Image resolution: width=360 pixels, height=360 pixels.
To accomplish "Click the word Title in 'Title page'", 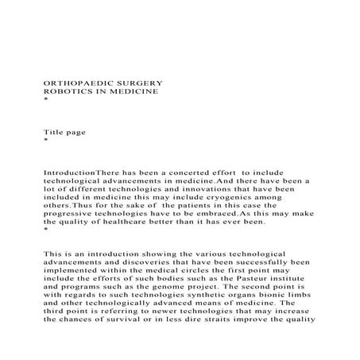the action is point(52,131).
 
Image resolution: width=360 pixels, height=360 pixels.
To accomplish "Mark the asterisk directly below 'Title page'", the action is point(45,141).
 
